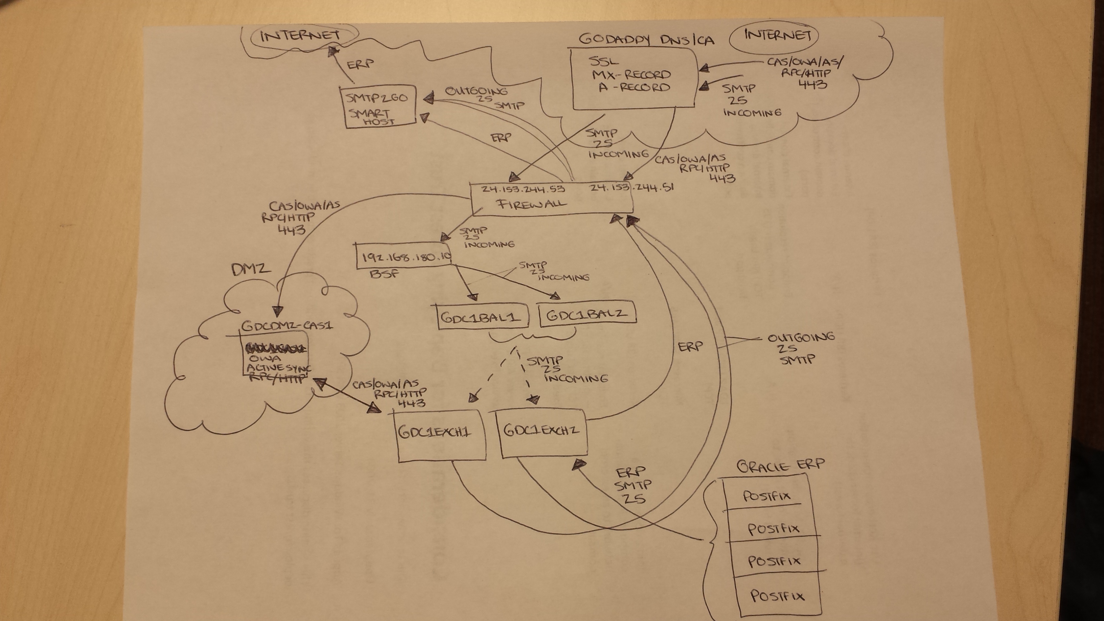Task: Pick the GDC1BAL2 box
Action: pyautogui.click(x=587, y=315)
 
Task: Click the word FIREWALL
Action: pyautogui.click(x=531, y=204)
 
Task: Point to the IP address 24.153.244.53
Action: pyautogui.click(x=523, y=189)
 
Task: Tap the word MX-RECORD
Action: pyautogui.click(x=631, y=74)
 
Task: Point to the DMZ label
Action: pyautogui.click(x=251, y=269)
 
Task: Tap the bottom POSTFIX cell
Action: pyautogui.click(x=777, y=596)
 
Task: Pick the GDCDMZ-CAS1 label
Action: pyautogui.click(x=287, y=326)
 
